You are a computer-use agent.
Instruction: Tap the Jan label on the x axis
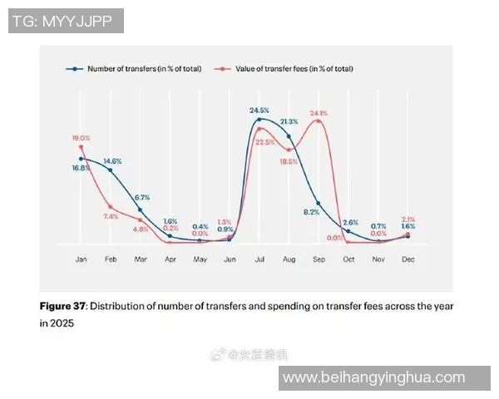81,259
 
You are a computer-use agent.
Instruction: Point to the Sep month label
318,259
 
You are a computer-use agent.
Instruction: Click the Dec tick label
408,259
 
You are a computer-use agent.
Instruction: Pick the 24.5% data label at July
259,110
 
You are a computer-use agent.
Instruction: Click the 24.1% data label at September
319,113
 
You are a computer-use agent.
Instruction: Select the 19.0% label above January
81,138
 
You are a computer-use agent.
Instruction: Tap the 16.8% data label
80,168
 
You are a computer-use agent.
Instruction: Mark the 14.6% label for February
113,160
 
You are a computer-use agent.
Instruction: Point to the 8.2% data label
311,211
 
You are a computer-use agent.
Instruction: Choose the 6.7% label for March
141,198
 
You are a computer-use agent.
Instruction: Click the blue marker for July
259,120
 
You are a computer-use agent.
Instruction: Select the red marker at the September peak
319,121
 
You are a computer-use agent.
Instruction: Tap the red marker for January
81,147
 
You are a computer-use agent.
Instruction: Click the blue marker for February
111,170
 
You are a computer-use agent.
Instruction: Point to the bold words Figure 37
62,306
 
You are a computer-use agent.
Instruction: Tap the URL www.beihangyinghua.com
385,378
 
